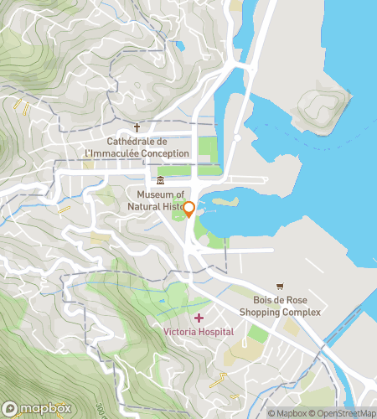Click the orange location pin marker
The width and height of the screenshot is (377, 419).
click(x=189, y=209)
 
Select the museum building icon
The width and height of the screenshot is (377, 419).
click(x=160, y=182)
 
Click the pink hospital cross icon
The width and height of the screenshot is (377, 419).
click(x=199, y=318)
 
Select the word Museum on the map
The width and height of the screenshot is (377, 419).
click(x=144, y=194)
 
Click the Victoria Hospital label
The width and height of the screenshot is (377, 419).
click(x=199, y=332)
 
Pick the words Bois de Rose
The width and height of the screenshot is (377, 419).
click(x=281, y=301)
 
